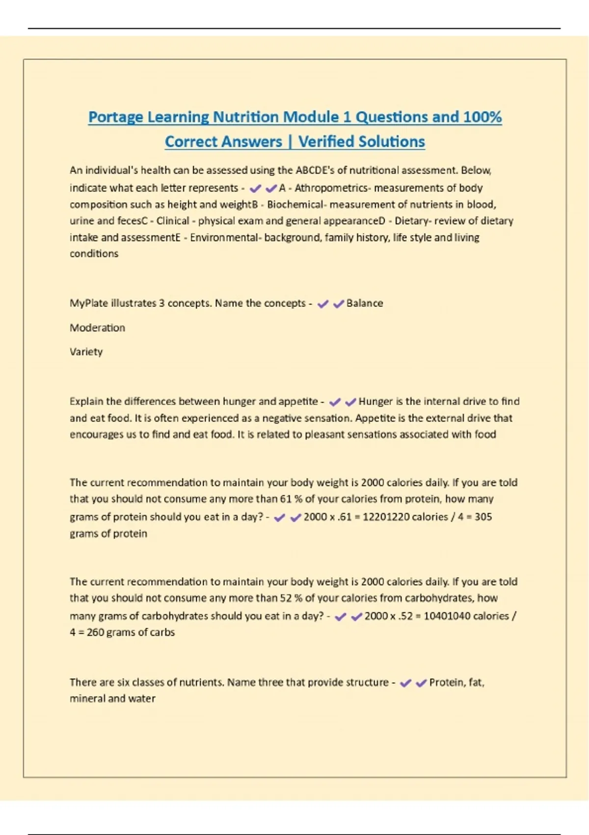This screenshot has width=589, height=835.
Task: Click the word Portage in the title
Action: (115, 117)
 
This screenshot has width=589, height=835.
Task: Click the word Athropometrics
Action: (331, 188)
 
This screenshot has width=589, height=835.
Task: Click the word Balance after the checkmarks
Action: (364, 304)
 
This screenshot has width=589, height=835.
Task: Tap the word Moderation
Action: (97, 328)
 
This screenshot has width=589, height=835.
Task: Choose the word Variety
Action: (86, 352)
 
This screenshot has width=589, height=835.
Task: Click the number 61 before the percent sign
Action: (286, 499)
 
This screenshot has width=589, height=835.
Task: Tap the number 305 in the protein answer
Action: (483, 517)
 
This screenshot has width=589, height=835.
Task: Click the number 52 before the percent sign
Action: (286, 598)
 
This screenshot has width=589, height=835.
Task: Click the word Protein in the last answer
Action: (447, 683)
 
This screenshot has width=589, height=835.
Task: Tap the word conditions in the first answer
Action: (94, 254)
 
